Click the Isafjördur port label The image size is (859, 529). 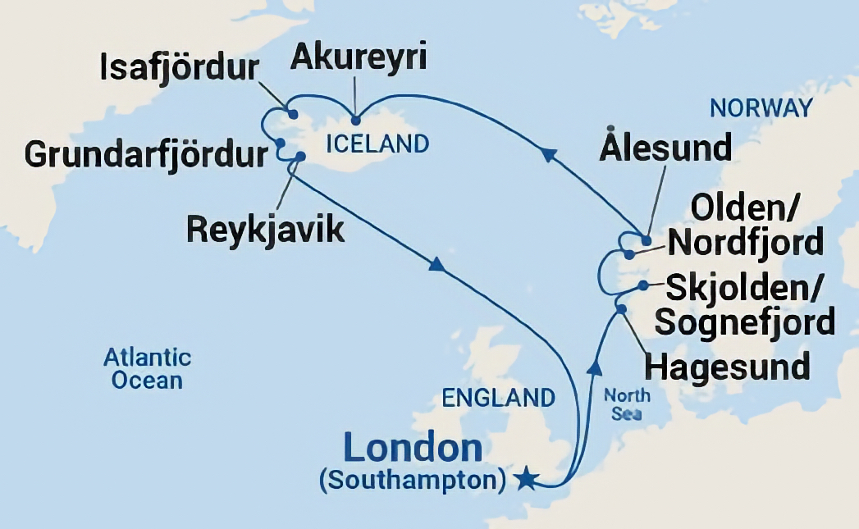pyautogui.click(x=178, y=71)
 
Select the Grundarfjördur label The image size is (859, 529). pyautogui.click(x=146, y=153)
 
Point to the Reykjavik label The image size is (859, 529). pyautogui.click(x=265, y=230)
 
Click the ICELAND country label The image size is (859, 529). pyautogui.click(x=377, y=144)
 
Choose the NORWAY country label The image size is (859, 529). pyautogui.click(x=761, y=107)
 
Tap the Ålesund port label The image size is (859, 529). pyautogui.click(x=665, y=148)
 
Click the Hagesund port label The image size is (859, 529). pyautogui.click(x=728, y=366)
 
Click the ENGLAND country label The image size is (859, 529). pyautogui.click(x=498, y=399)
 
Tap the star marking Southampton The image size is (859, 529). pyautogui.click(x=525, y=478)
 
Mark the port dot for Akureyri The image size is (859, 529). pyautogui.click(x=356, y=120)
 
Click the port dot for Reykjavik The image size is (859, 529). pyautogui.click(x=300, y=156)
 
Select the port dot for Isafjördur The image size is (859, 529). pyautogui.click(x=293, y=114)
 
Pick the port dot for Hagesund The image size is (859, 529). pyautogui.click(x=621, y=309)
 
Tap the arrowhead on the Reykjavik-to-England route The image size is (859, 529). pyautogui.click(x=437, y=265)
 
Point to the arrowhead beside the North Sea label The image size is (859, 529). pyautogui.click(x=593, y=367)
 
